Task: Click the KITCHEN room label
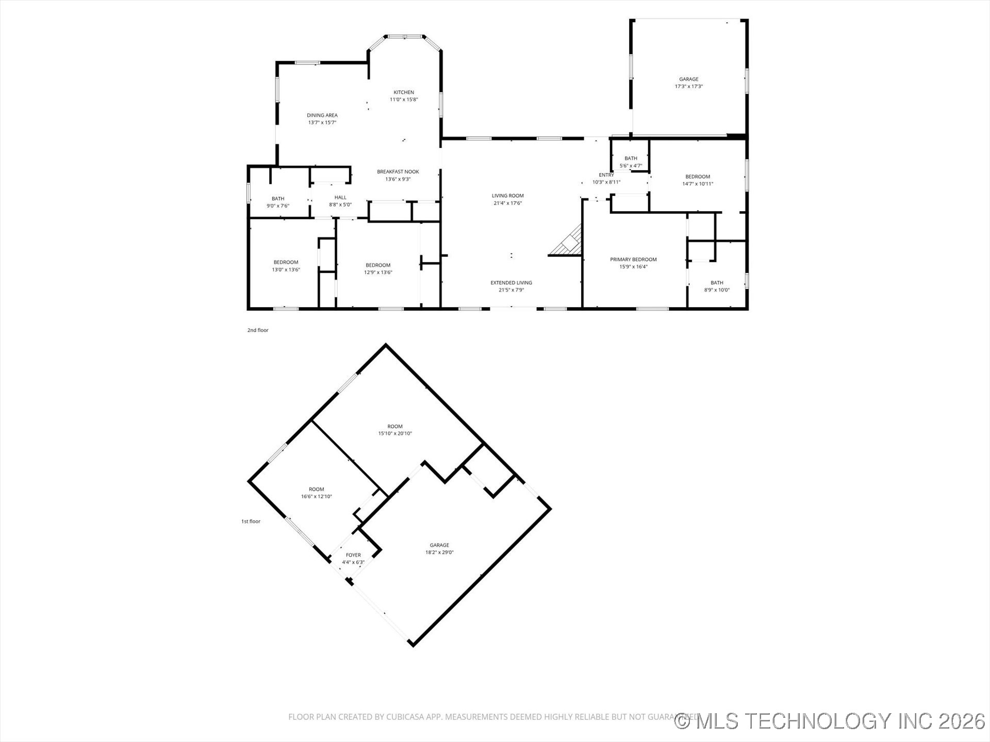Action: coord(404,93)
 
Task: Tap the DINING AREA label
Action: coord(322,115)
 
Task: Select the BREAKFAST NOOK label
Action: coord(398,172)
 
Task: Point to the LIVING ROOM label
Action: coord(507,196)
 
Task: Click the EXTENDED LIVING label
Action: coord(511,283)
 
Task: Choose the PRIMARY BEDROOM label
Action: coord(633,260)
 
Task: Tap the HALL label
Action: coord(340,197)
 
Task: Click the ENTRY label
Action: coord(606,175)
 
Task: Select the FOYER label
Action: coord(353,555)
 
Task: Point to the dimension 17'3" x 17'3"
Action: coord(688,87)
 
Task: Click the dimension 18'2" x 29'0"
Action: coord(439,552)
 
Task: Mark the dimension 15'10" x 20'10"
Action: coord(395,433)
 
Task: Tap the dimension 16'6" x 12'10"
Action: coord(317,497)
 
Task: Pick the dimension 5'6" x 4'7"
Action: coord(631,166)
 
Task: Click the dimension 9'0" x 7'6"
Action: coord(278,206)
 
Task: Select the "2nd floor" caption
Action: coord(258,330)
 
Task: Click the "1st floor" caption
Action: coord(251,521)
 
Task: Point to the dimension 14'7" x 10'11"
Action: coord(698,184)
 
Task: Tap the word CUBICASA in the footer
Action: coord(406,717)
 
